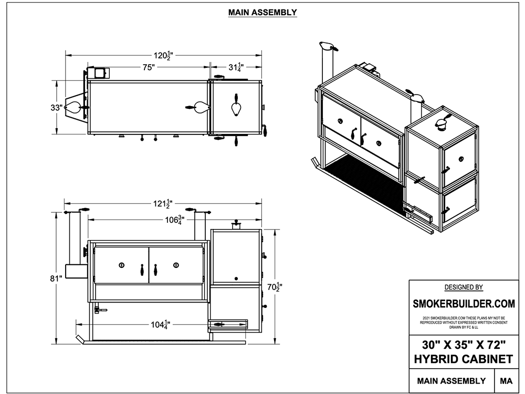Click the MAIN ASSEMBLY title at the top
click(x=262, y=12)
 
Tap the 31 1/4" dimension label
click(x=235, y=67)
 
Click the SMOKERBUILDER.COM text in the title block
click(x=464, y=304)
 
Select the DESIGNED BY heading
click(x=464, y=287)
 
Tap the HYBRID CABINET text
click(x=464, y=359)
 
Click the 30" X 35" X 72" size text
click(x=464, y=345)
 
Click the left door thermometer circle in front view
click(x=121, y=265)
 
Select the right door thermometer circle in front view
click(x=176, y=265)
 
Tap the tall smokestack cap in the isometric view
click(x=326, y=46)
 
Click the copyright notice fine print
click(x=464, y=322)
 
